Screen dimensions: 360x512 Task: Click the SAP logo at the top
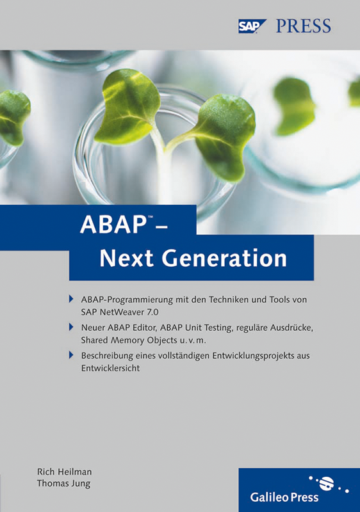coord(252,26)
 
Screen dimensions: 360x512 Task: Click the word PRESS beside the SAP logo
coord(304,26)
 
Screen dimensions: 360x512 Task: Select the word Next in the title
coord(126,258)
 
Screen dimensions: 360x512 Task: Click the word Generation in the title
coord(224,258)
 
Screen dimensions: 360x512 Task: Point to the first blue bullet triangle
coord(71,299)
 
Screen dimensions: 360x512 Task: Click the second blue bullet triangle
coord(71,327)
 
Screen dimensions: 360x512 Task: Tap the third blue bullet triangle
coord(71,355)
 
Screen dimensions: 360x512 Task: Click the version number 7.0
coord(152,312)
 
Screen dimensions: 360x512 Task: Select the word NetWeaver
coord(122,312)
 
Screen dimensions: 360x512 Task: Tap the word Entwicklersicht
coord(110,369)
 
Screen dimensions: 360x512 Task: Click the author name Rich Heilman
coord(64,472)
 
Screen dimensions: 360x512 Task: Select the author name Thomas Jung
coord(63,484)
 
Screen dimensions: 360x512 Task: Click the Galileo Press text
coord(284,497)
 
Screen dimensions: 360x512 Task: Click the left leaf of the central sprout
coord(128,106)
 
